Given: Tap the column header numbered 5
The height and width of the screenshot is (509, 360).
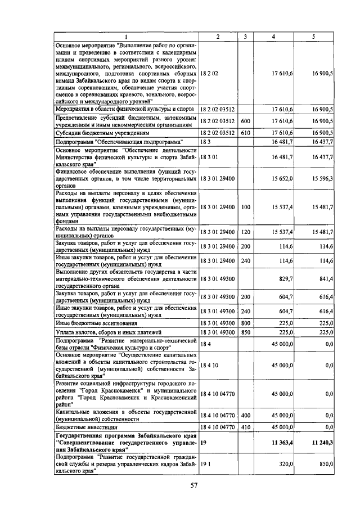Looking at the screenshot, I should pos(313,37).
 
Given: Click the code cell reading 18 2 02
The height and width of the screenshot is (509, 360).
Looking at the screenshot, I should pos(209,74).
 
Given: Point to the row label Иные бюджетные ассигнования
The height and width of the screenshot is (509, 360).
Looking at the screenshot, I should pos(91,323).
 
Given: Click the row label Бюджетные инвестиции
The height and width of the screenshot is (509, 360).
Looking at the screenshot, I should pos(84,427).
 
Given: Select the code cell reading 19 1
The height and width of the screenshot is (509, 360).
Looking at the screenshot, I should pos(205,465).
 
